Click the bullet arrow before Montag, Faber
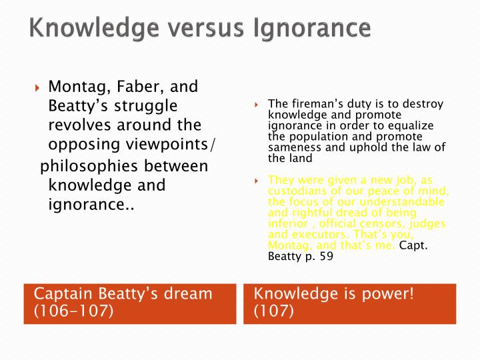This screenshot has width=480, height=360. (x=38, y=87)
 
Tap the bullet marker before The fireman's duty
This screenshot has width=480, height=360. (x=256, y=105)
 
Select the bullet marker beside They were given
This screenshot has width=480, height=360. (x=256, y=179)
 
